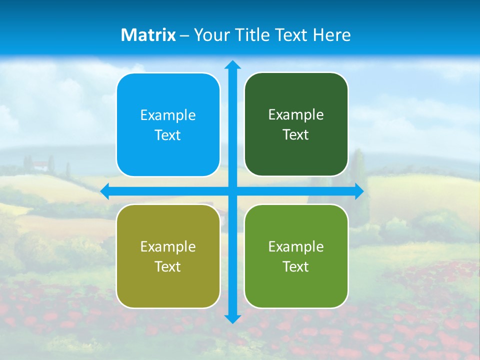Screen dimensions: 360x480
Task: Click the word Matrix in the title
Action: pos(148,35)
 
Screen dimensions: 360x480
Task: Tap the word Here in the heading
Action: pos(331,35)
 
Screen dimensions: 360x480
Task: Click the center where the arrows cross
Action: pos(232,191)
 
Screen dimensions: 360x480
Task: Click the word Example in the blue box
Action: pos(168,115)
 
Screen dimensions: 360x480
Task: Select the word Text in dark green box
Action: pos(295,135)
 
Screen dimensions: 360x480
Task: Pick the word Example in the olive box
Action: pos(168,247)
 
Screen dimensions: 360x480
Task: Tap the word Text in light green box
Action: pos(295,267)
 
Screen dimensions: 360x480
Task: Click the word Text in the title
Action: pos(292,35)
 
